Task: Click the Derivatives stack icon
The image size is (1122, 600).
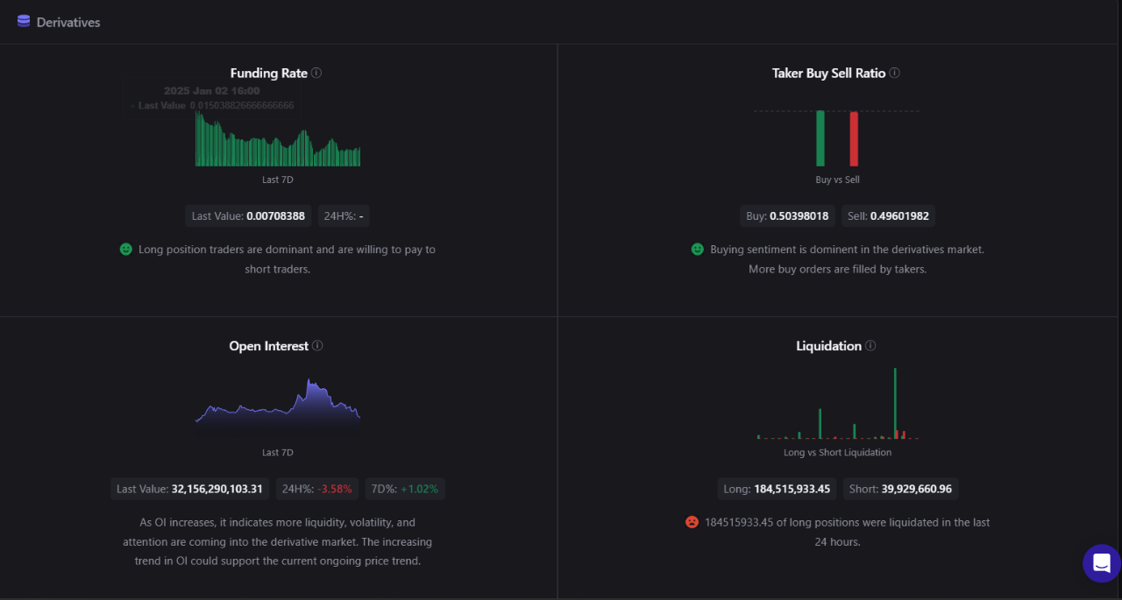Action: click(24, 22)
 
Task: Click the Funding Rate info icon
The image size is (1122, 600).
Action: click(316, 73)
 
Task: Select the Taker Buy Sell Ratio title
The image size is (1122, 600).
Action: click(828, 74)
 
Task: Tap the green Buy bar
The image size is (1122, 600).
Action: click(820, 138)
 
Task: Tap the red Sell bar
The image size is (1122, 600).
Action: click(854, 138)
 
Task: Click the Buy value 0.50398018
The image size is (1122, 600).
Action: click(799, 215)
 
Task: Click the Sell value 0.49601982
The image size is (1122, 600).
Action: click(899, 215)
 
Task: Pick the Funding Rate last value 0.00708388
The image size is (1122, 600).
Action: click(275, 215)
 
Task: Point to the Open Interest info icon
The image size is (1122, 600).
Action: click(317, 346)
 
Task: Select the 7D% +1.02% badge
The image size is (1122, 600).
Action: click(405, 489)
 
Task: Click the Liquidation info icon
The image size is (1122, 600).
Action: click(870, 346)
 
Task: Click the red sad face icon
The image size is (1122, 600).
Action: click(692, 522)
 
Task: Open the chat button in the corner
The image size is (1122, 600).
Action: click(1101, 563)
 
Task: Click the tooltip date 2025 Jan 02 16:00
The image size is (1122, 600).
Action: click(211, 91)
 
